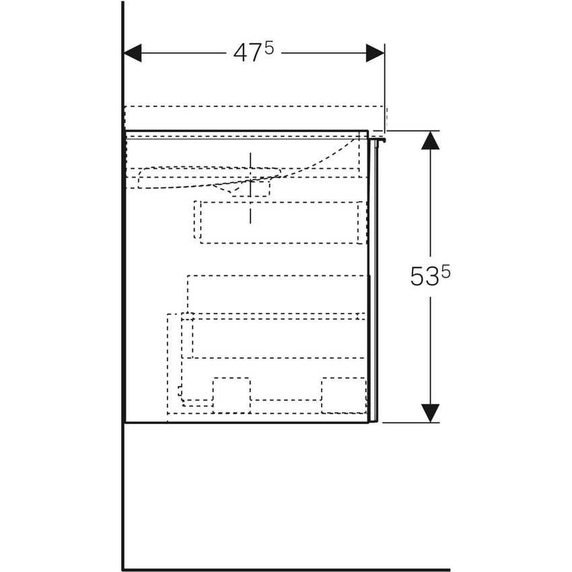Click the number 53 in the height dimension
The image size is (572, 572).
pos(424,277)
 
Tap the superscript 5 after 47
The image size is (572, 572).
pos(269,48)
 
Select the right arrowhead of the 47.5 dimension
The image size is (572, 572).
pos(375,52)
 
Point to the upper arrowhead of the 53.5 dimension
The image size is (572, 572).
pos(430,140)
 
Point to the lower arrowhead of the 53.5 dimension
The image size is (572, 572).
pos(430,413)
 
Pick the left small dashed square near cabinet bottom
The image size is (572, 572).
pos(231,395)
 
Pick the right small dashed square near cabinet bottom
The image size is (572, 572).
pos(343,395)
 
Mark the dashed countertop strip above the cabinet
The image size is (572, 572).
pos(256,116)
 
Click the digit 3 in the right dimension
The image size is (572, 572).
pos(431,277)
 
